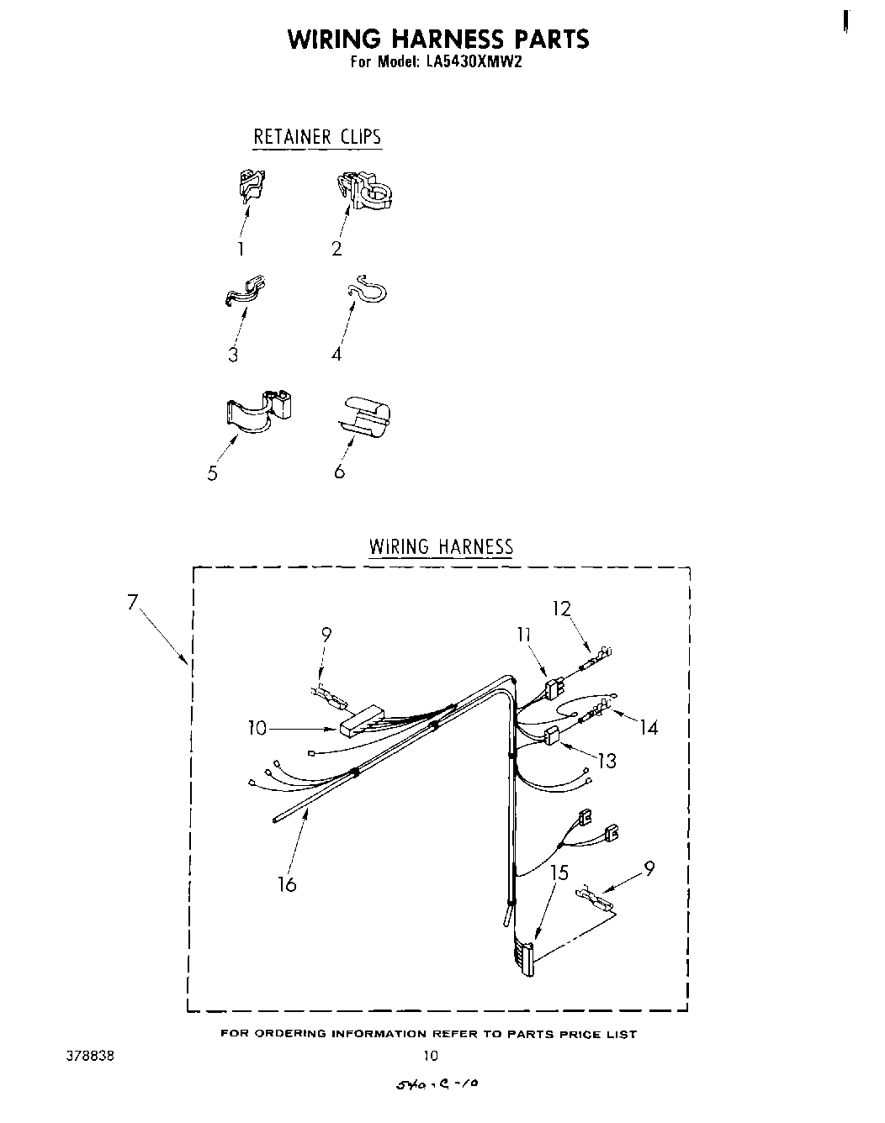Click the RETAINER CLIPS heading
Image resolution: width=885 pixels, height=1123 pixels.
tap(317, 137)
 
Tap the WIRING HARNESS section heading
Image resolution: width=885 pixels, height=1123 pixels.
tap(441, 547)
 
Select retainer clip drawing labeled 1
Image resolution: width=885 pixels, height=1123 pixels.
tap(251, 185)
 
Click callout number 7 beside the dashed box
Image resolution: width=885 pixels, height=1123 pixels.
tap(132, 602)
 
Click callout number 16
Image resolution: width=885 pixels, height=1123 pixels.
tap(288, 883)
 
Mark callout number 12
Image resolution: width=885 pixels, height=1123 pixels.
tap(561, 608)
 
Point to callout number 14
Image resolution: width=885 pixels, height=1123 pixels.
tap(649, 727)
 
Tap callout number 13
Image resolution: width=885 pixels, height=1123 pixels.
tap(607, 761)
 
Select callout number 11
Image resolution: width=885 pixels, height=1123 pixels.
tap(524, 635)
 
